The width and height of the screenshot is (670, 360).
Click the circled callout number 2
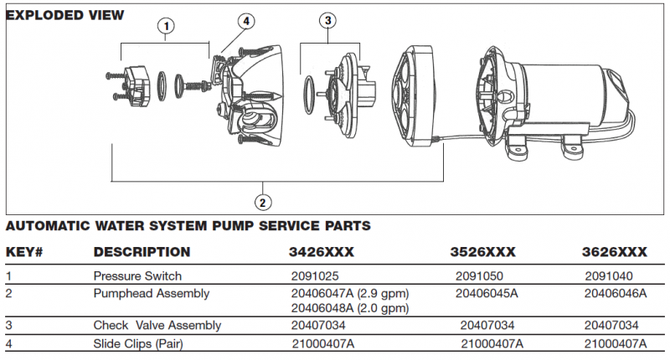(x=262, y=201)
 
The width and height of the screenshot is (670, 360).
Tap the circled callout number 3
(x=328, y=20)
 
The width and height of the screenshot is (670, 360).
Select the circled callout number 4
(x=245, y=21)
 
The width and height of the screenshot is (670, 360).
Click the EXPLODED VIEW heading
(x=64, y=15)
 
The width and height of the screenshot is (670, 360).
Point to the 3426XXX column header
(x=322, y=252)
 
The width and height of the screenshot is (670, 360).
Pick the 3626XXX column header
(x=615, y=252)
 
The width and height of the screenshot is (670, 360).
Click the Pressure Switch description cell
(x=137, y=275)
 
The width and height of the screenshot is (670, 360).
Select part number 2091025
(x=312, y=275)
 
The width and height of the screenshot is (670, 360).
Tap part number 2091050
(x=477, y=275)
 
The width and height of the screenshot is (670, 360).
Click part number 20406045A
(x=487, y=293)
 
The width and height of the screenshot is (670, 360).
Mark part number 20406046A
(x=615, y=293)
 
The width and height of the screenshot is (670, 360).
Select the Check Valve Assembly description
(x=157, y=325)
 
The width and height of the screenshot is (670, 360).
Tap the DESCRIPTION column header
(x=142, y=252)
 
